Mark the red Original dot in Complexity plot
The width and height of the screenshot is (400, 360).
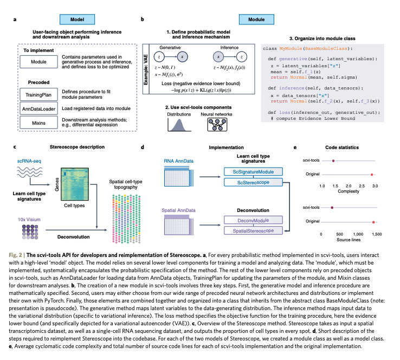(x=372, y=175)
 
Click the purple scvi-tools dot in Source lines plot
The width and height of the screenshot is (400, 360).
(x=332, y=207)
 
